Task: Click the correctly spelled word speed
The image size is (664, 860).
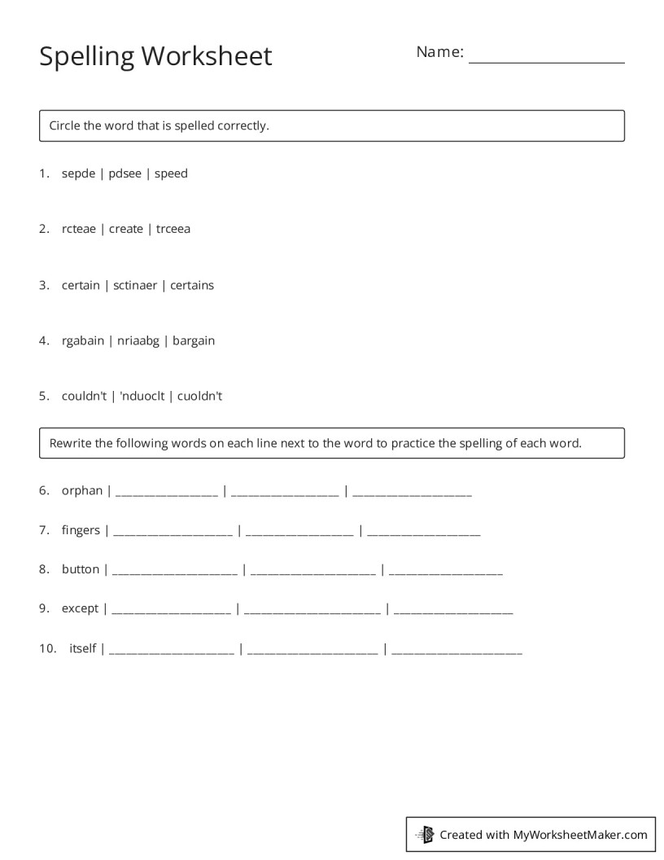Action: (171, 173)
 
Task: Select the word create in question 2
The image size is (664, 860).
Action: (126, 229)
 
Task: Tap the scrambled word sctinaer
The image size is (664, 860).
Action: (135, 285)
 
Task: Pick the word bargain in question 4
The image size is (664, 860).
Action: (194, 340)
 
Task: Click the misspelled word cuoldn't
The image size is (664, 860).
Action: (200, 397)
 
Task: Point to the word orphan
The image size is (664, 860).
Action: (82, 491)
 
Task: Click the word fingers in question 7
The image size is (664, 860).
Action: (81, 530)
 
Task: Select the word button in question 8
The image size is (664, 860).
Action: (81, 569)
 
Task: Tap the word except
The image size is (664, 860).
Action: (80, 608)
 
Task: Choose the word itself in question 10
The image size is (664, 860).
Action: (83, 648)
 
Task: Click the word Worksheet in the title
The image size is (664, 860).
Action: (207, 56)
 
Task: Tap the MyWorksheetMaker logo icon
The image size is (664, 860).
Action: (425, 834)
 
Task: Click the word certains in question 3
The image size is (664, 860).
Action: (192, 285)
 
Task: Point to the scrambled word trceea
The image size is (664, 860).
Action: (173, 229)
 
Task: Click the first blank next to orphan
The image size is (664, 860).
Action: (168, 494)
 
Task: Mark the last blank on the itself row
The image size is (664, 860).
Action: (456, 652)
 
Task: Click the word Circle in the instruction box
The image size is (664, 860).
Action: (64, 125)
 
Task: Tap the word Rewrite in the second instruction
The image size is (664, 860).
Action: (71, 444)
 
